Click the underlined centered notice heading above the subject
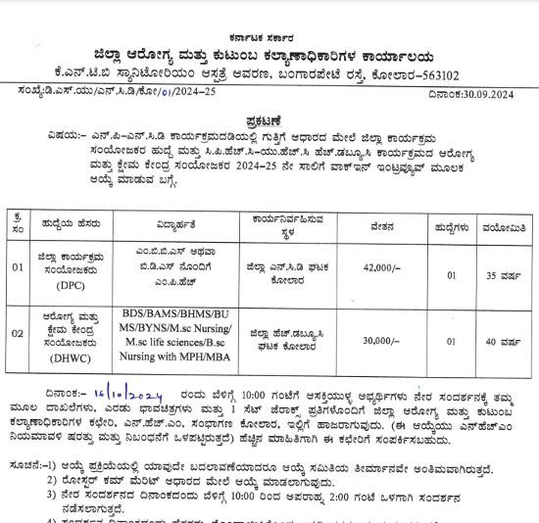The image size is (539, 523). (x=269, y=116)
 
